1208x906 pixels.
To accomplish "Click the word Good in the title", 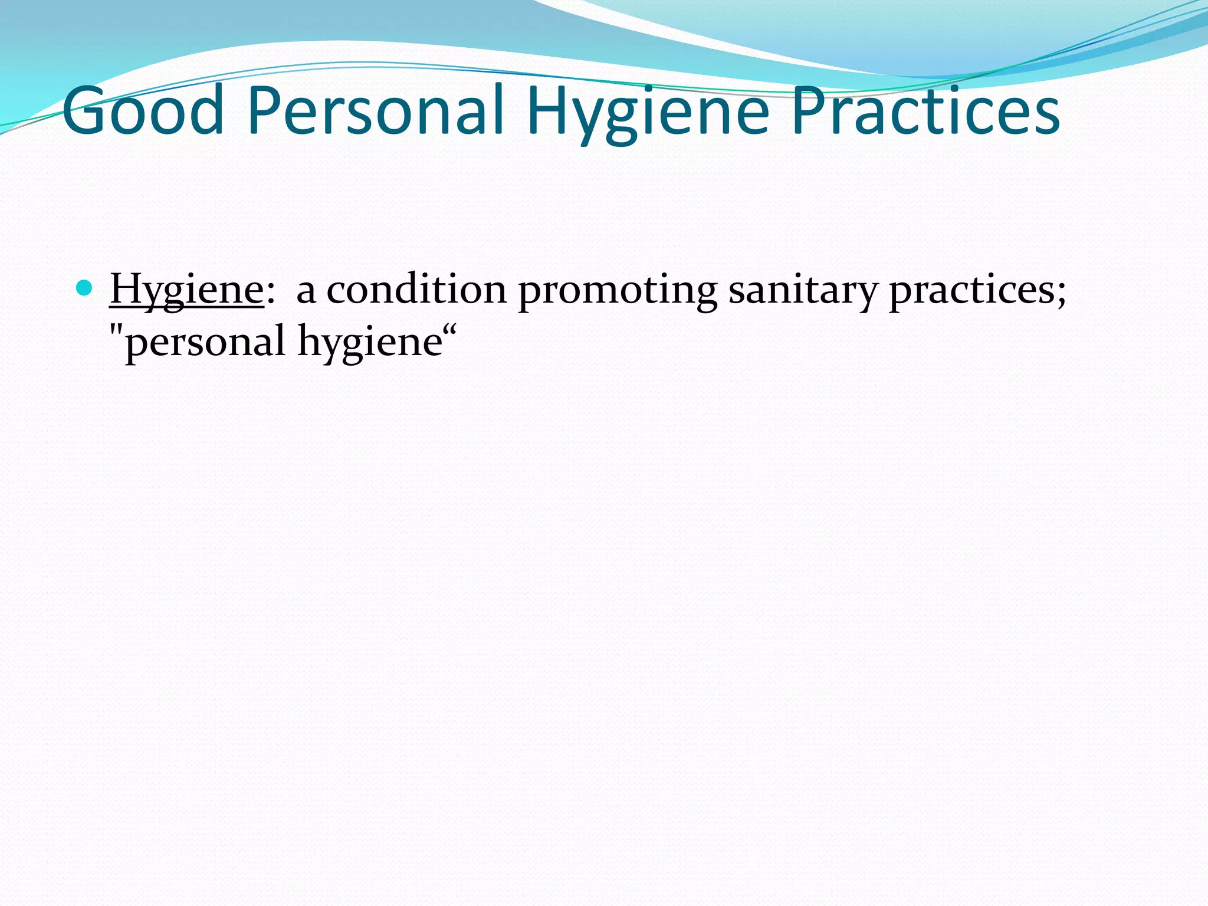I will click(x=143, y=111).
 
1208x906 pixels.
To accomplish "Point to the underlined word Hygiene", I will click(x=186, y=290).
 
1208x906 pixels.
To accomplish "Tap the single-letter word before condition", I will click(x=306, y=292).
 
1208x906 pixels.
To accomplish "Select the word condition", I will click(x=416, y=290).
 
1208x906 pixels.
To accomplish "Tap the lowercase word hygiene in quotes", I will click(x=370, y=343).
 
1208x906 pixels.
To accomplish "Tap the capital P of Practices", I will click(x=808, y=111).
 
